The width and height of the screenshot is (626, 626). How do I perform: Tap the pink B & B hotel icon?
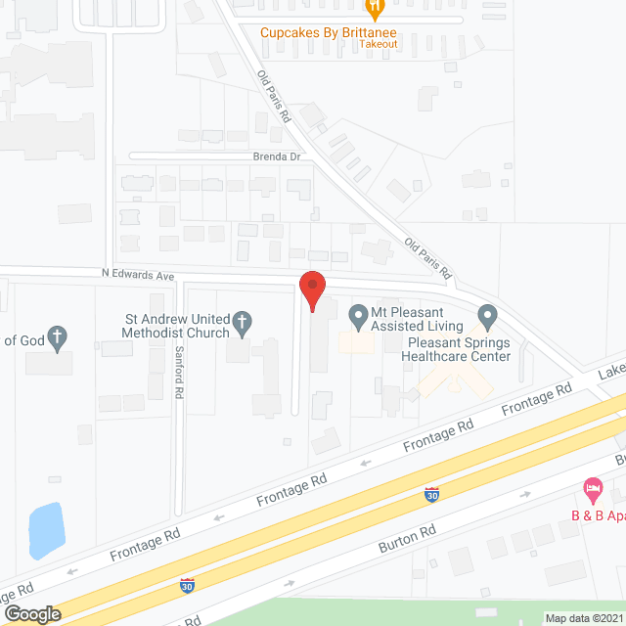[592, 486]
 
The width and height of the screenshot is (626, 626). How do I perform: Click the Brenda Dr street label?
[275, 156]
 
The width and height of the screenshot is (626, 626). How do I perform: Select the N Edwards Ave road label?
[138, 276]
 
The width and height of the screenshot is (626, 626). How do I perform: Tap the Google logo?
[32, 613]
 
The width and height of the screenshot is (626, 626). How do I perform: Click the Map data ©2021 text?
[583, 618]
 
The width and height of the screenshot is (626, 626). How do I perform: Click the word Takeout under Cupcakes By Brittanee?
[377, 44]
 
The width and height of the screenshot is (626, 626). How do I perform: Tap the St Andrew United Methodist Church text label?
[176, 326]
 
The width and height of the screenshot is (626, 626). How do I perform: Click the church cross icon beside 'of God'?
[58, 339]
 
